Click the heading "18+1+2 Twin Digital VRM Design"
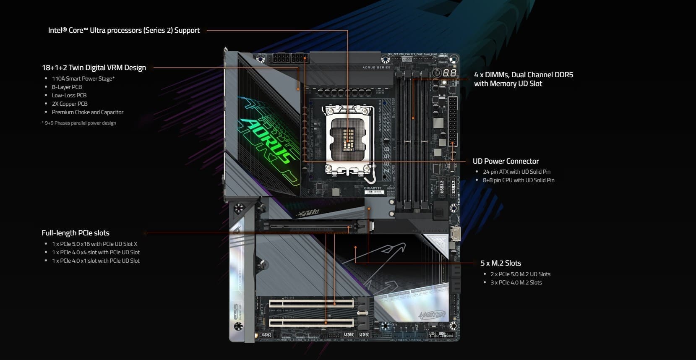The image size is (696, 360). [x=94, y=68]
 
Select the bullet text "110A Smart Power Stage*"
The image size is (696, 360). [x=83, y=78]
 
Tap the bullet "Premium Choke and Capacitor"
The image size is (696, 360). [x=87, y=112]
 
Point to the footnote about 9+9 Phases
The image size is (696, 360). [x=79, y=123]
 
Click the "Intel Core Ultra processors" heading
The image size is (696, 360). [x=124, y=30]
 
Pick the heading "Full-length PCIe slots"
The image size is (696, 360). [x=76, y=233]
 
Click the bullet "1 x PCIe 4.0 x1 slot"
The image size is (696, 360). [x=96, y=261]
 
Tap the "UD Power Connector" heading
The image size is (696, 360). [x=506, y=161]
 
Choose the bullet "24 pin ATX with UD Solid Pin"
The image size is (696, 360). [x=516, y=172]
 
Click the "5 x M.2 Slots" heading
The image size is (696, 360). [x=500, y=263]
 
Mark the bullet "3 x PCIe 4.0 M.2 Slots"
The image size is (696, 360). [x=516, y=282]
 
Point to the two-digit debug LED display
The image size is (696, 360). [x=449, y=73]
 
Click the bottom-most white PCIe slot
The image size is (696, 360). [x=311, y=323]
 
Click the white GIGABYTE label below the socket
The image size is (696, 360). [x=373, y=188]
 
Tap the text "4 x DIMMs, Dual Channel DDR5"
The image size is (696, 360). [x=523, y=75]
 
